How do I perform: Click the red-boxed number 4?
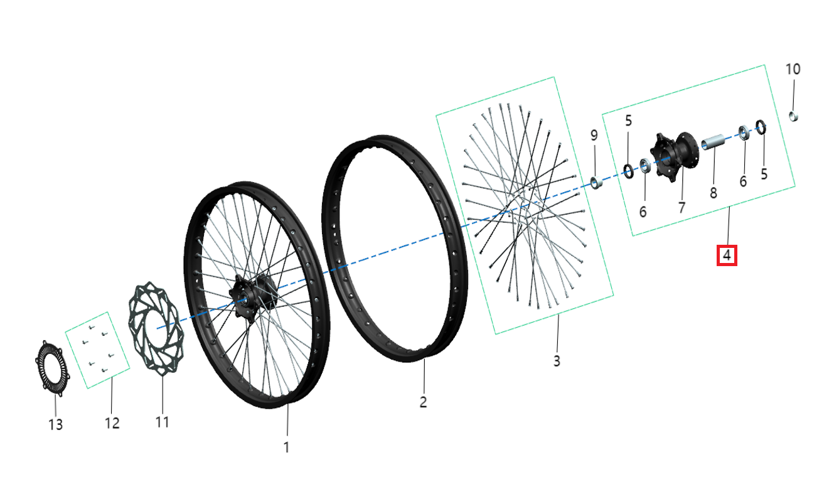(x=727, y=255)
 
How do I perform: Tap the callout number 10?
(x=793, y=69)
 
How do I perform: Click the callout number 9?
(x=594, y=136)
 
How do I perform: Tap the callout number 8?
(x=714, y=193)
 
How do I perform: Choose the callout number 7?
(x=682, y=207)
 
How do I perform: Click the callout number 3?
(x=557, y=361)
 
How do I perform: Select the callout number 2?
(x=424, y=402)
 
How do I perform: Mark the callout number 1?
(x=287, y=448)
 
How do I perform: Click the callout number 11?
(x=163, y=422)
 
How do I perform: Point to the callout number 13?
(x=56, y=425)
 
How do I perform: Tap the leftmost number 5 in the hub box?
(x=628, y=121)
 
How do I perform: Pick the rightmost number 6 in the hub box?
(x=743, y=181)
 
